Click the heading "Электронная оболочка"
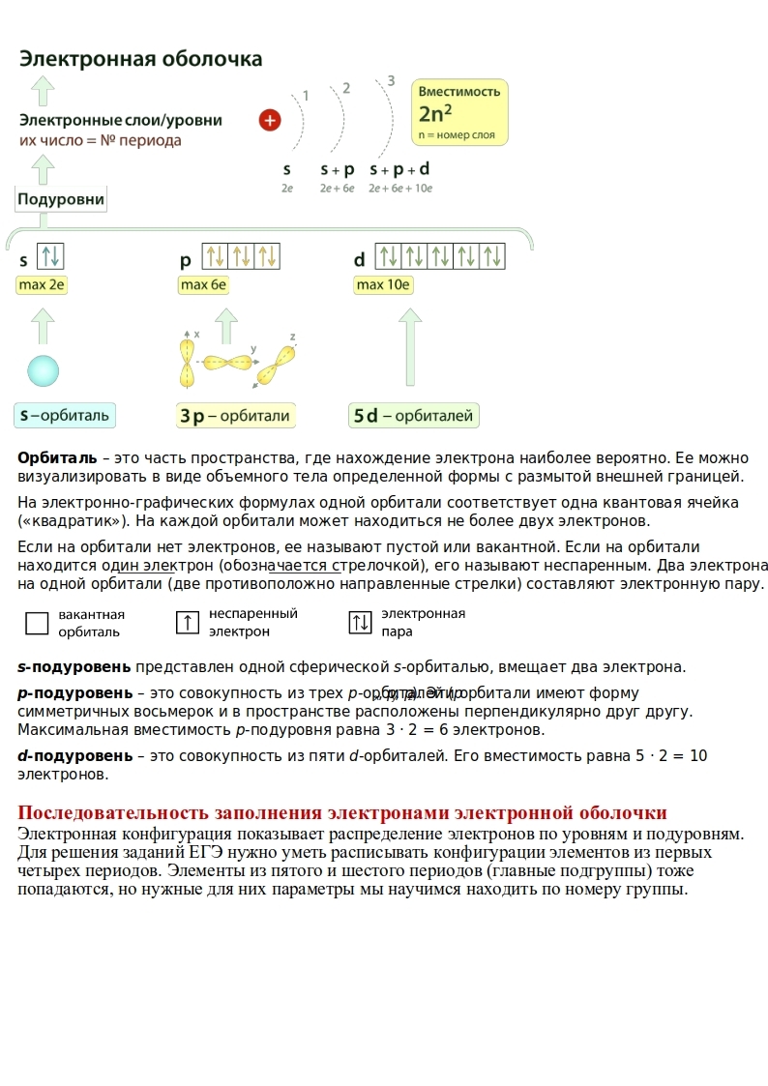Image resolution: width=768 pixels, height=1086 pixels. click(x=141, y=59)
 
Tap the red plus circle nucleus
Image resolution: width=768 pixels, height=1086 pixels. click(x=270, y=120)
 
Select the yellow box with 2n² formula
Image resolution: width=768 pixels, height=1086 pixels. click(x=459, y=112)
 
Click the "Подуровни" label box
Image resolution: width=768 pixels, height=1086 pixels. click(x=61, y=199)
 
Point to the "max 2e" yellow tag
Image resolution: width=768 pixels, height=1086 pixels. click(x=42, y=285)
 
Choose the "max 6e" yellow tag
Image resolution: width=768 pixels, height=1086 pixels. click(x=203, y=285)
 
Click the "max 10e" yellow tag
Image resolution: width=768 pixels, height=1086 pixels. click(x=384, y=285)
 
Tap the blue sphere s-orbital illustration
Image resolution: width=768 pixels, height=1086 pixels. click(x=43, y=370)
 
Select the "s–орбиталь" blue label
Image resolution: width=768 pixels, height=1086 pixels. click(x=65, y=416)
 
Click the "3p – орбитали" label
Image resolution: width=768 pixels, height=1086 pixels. click(x=235, y=416)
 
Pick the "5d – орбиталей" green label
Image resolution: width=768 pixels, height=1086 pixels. click(x=414, y=416)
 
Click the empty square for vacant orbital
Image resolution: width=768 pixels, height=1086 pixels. click(x=37, y=623)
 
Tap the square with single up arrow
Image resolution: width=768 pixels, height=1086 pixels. click(x=188, y=623)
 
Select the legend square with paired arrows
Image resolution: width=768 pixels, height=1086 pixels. click(x=360, y=623)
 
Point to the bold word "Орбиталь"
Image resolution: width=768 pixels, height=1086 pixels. click(x=57, y=457)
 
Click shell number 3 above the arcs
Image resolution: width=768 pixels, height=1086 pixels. click(x=391, y=80)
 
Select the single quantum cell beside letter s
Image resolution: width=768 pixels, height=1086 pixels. click(x=50, y=256)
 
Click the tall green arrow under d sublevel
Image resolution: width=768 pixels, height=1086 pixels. click(x=410, y=348)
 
